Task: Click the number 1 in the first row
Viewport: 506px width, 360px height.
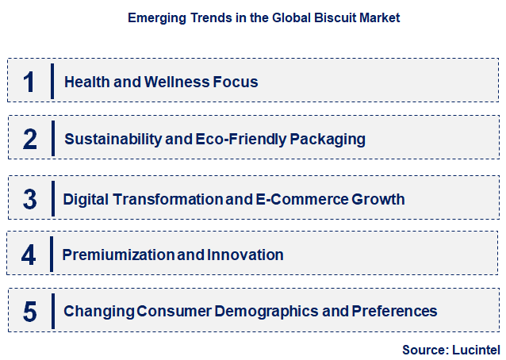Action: pos(29,82)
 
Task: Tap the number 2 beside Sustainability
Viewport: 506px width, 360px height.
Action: pos(30,140)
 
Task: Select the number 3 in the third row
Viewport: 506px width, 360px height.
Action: pos(30,199)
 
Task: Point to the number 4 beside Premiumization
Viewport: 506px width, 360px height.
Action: pos(29,255)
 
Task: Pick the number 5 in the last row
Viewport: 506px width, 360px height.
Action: pos(30,311)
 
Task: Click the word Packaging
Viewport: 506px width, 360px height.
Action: pos(327,140)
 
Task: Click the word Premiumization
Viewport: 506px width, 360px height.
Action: pos(110,255)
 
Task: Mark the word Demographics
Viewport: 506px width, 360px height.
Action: pos(263,311)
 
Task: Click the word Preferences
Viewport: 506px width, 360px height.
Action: pos(395,311)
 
